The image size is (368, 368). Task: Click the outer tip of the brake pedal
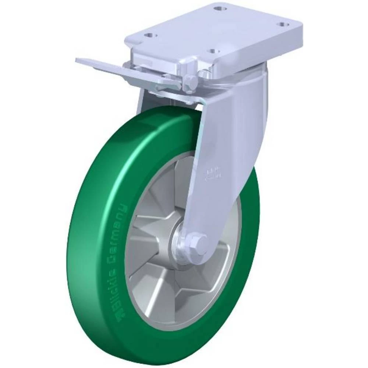click(79, 60)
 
